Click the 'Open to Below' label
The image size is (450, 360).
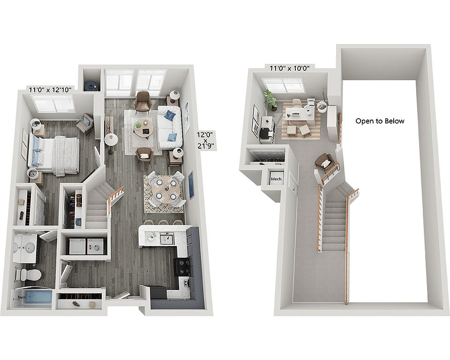[380, 121]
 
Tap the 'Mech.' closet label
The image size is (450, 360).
[277, 179]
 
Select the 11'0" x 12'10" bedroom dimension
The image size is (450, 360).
[50, 90]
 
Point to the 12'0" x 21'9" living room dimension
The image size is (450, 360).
[205, 140]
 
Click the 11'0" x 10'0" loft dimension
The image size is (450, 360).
[289, 68]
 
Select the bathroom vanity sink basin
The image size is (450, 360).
[30, 247]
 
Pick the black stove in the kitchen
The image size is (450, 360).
[182, 267]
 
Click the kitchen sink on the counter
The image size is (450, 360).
[167, 238]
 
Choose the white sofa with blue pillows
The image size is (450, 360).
[170, 127]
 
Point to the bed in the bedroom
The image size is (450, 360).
[53, 155]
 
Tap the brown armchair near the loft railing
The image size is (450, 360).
[324, 162]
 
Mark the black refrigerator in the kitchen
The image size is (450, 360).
[158, 292]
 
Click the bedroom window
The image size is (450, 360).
[53, 104]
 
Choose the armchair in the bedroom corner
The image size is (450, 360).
[85, 123]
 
